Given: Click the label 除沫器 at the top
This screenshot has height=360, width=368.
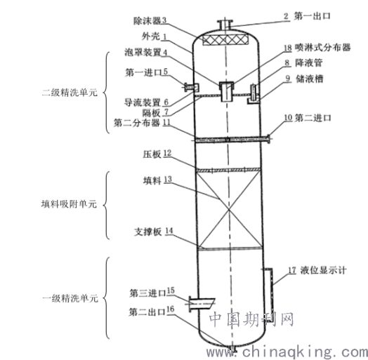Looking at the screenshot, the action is [147, 21].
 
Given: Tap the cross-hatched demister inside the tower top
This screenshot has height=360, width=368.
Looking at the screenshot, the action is [225, 40].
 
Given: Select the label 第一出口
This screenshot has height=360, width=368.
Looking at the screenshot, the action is [312, 16].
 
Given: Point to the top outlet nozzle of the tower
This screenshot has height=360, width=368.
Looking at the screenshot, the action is [225, 25].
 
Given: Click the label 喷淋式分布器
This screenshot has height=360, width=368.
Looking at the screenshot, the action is [323, 48].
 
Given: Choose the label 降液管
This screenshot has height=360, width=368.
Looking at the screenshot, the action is [308, 63].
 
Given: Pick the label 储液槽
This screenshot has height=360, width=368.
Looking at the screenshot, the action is [309, 79].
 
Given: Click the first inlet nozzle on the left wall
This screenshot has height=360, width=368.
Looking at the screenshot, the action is [191, 87].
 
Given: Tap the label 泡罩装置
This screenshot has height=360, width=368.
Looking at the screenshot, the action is [143, 52].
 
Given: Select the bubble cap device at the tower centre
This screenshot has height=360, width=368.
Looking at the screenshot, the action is [226, 91].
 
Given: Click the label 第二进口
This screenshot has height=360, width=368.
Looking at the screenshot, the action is [313, 117].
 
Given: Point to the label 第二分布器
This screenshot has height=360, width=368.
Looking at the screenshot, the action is [137, 123].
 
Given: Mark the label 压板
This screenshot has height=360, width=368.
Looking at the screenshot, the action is [152, 154].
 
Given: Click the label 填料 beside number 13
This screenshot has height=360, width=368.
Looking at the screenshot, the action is [152, 181].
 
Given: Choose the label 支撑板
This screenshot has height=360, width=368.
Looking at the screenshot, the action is [148, 232].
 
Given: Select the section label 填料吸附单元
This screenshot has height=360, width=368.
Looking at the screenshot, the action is [69, 204].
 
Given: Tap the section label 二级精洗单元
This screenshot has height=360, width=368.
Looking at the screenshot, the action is [70, 93].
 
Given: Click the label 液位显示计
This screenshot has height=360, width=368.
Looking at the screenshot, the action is [323, 270].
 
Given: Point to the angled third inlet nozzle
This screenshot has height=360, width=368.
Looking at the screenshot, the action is [202, 304].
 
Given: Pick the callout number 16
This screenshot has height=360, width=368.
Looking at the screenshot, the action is [171, 309].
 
